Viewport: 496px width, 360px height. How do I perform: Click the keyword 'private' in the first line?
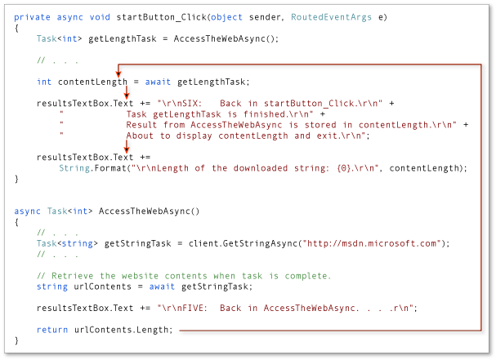(32, 16)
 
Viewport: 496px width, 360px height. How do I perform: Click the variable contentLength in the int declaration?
(92, 81)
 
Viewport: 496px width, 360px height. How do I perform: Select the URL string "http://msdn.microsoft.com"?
(378, 242)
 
